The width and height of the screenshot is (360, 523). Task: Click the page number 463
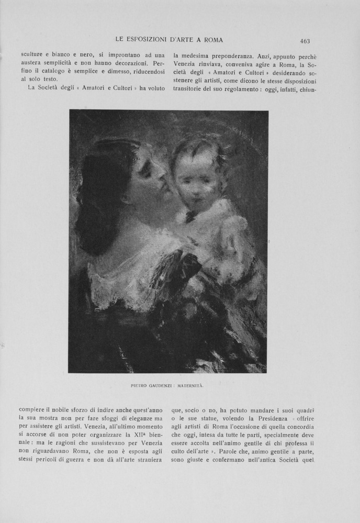click(x=305, y=41)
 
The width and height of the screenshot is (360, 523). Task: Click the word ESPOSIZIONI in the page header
click(x=150, y=40)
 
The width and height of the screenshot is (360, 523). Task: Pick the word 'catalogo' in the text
click(x=53, y=70)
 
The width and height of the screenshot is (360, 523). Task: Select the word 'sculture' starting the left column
click(x=31, y=54)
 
